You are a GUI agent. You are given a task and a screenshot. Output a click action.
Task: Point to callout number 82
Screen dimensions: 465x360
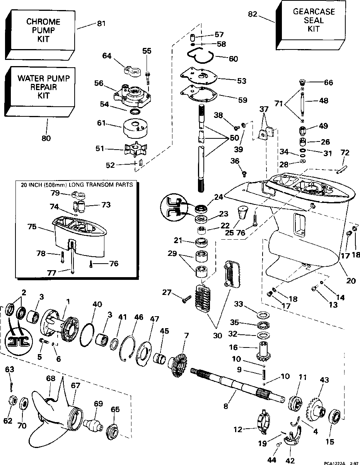252,14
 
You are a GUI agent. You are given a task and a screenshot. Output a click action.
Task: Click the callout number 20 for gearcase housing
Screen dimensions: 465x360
351,281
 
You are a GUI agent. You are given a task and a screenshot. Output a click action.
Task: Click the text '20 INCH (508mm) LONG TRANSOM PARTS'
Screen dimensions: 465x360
77,185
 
